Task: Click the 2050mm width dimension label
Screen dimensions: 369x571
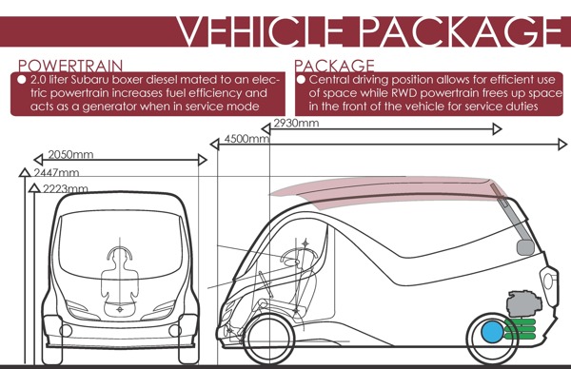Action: (72, 154)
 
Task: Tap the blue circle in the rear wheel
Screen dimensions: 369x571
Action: (493, 332)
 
